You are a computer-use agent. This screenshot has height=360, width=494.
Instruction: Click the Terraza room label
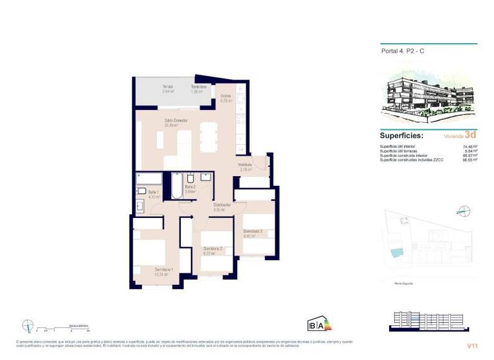tap(167, 87)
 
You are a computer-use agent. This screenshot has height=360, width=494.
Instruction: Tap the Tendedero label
tap(198, 87)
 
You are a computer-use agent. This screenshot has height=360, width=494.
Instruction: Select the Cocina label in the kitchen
tap(226, 96)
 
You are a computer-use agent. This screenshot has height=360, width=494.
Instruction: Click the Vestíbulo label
tap(245, 165)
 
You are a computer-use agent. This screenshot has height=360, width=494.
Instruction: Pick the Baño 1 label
tap(153, 192)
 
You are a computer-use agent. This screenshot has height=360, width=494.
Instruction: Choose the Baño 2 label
tap(190, 187)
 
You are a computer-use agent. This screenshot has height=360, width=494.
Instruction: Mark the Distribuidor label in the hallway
tap(222, 205)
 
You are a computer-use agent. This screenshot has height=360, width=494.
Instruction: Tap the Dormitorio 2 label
tap(213, 249)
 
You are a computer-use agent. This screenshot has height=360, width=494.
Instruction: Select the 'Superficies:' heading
tap(401, 136)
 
